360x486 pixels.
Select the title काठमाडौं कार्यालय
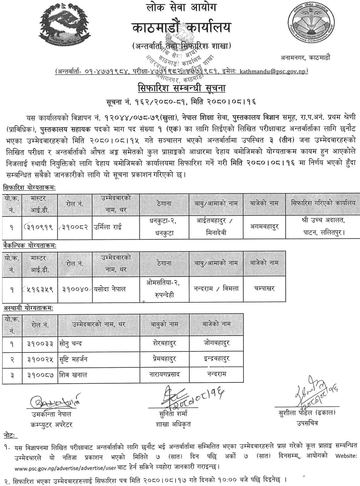(x=181, y=28)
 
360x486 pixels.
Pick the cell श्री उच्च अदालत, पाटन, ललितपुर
(x=323, y=227)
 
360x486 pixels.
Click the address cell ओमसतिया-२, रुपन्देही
(x=163, y=289)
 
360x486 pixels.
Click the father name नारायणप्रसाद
(x=164, y=374)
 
